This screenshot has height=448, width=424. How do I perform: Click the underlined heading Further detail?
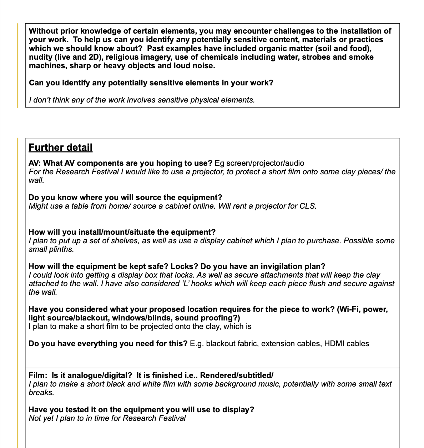(60, 147)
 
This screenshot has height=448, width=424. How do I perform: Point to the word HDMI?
(334, 344)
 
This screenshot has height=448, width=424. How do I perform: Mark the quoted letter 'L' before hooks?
(186, 284)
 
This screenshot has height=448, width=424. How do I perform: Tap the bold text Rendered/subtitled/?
(237, 375)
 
